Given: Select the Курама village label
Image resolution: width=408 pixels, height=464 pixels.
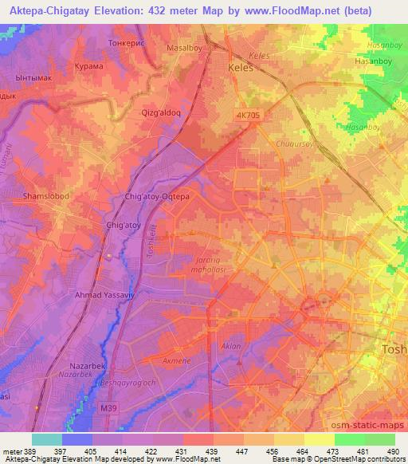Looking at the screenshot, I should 88,67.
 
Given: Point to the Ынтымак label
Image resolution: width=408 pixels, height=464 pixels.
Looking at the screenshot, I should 33,80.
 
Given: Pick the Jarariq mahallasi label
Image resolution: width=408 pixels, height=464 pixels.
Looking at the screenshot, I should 211,265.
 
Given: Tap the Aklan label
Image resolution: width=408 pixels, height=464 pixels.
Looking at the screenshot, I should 232,348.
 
